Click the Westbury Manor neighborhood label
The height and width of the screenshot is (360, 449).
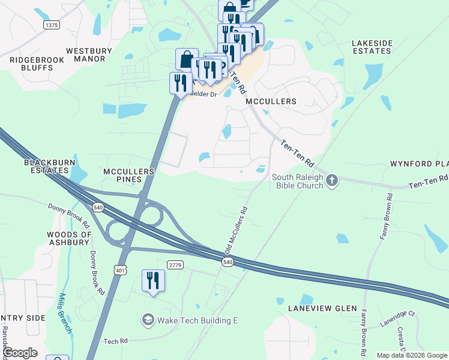pyautogui.click(x=90, y=55)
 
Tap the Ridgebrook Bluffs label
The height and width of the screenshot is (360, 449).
pyautogui.click(x=32, y=64)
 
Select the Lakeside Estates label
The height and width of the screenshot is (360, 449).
pyautogui.click(x=371, y=47)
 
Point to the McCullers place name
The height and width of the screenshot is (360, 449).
pyautogui.click(x=271, y=101)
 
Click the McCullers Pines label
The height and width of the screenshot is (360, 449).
pyautogui.click(x=129, y=175)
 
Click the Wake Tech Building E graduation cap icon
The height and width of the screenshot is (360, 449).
pyautogui.click(x=148, y=320)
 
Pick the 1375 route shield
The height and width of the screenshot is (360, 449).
pyautogui.click(x=52, y=25)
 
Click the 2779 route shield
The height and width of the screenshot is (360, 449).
pyautogui.click(x=175, y=265)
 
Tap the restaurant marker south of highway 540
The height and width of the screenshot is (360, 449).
pyautogui.click(x=153, y=281)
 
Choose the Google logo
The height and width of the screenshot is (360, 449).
pyautogui.click(x=19, y=353)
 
